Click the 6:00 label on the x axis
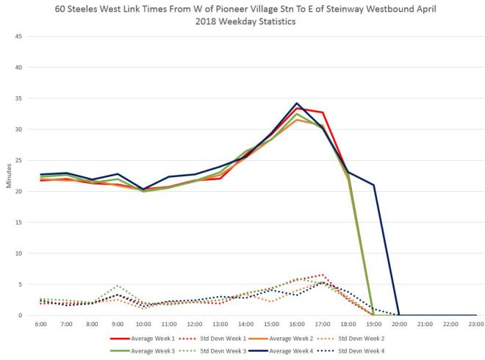click(41, 323)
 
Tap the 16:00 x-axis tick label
click(297, 323)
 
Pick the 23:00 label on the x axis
click(475, 323)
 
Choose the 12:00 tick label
click(195, 323)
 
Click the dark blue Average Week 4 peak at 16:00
click(297, 103)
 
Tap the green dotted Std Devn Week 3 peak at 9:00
click(118, 285)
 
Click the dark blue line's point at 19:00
click(373, 185)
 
